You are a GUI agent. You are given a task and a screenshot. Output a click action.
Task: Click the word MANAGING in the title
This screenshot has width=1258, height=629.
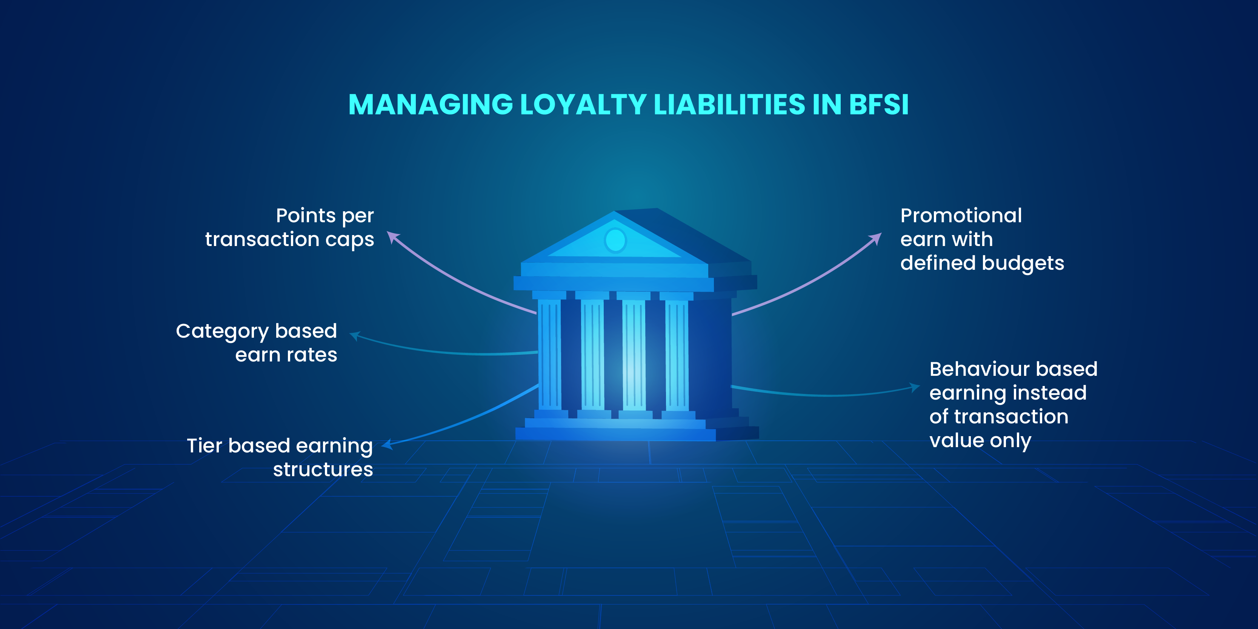click(430, 105)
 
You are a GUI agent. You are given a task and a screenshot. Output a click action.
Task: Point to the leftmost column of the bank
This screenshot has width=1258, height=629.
click(549, 354)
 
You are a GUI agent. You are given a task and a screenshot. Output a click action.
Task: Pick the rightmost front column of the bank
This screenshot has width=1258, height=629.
click(677, 354)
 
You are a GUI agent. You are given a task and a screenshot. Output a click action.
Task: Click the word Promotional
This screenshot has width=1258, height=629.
click(961, 215)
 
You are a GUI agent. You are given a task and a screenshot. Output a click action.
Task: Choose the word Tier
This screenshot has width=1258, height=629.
click(204, 446)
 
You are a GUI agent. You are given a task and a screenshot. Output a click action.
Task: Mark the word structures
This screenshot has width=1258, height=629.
click(323, 470)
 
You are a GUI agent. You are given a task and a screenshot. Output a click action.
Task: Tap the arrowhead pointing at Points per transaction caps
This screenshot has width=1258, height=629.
click(392, 237)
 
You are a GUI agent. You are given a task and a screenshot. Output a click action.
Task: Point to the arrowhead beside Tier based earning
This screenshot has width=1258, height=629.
click(387, 444)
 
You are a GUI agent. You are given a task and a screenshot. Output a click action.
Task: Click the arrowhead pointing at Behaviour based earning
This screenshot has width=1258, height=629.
click(915, 387)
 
